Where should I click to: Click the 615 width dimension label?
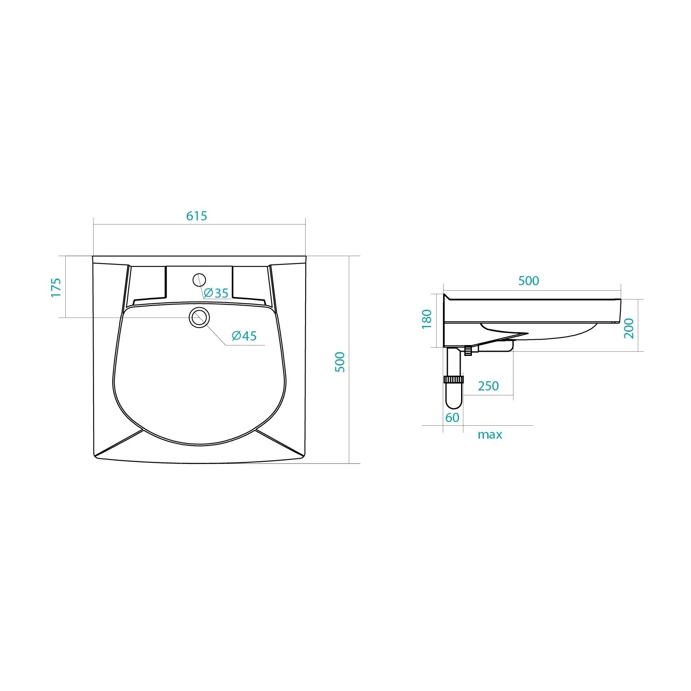coord(196,216)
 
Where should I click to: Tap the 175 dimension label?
coord(56,287)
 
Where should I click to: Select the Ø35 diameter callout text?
coord(216,293)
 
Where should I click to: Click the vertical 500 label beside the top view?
coord(340,362)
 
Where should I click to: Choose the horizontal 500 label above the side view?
coord(528,281)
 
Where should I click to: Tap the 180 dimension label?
coord(427,319)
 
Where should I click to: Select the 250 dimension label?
coord(488,386)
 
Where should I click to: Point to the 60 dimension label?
coord(452,417)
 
